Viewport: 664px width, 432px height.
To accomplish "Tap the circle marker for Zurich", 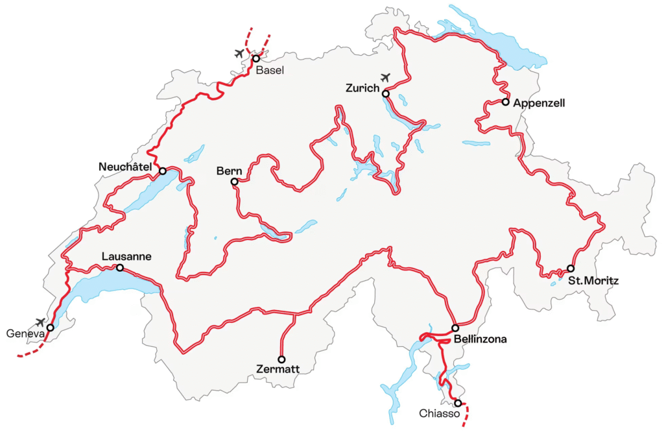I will coord(386,94).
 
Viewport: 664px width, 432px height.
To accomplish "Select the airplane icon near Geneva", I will coord(41,322).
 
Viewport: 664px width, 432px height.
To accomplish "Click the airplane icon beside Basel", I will coord(240,53).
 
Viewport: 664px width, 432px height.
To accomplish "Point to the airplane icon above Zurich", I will coord(386,78).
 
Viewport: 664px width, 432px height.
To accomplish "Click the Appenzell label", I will coord(539,102).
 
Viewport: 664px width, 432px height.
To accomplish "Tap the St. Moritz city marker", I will coord(571,269).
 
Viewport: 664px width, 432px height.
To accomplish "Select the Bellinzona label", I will coord(480,339).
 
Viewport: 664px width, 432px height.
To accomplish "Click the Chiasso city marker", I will coord(458,403).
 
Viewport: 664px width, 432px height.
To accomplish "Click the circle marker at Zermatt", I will coord(281,359).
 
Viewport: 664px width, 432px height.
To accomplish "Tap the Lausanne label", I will coord(126,257).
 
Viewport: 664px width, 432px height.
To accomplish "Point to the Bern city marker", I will coord(235,182).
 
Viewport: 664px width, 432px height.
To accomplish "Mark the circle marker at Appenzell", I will coord(505,102).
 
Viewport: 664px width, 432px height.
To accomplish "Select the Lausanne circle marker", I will coord(119,267).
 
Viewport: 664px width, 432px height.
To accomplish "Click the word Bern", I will coord(229,171).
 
